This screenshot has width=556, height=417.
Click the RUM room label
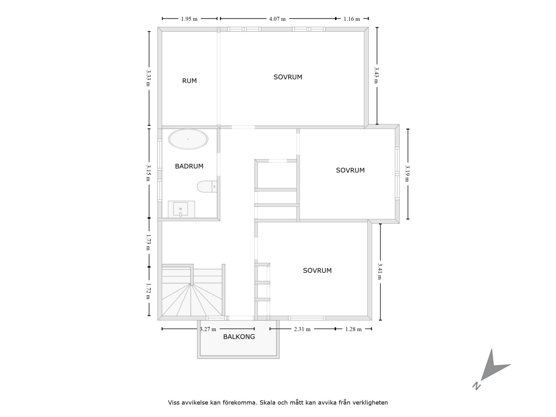190,81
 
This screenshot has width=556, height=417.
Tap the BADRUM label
189,166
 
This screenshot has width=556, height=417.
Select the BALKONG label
239,337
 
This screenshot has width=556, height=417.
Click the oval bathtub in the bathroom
188,139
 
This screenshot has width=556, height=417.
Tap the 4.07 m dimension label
277,19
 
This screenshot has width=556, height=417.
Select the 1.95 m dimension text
189,19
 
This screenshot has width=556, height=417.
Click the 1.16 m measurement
352,19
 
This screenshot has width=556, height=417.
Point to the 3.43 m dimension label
376,75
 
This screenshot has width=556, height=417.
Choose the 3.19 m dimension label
407,174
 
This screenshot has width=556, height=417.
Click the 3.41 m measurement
380,271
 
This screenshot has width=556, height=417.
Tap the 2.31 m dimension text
302,329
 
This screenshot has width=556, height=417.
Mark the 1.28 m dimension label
353,329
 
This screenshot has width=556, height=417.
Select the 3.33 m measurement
148,78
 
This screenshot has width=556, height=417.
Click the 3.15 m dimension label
148,173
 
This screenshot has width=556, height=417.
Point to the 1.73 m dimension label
148,242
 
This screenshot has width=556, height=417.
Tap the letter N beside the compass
476,386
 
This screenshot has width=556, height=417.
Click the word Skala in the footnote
268,403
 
